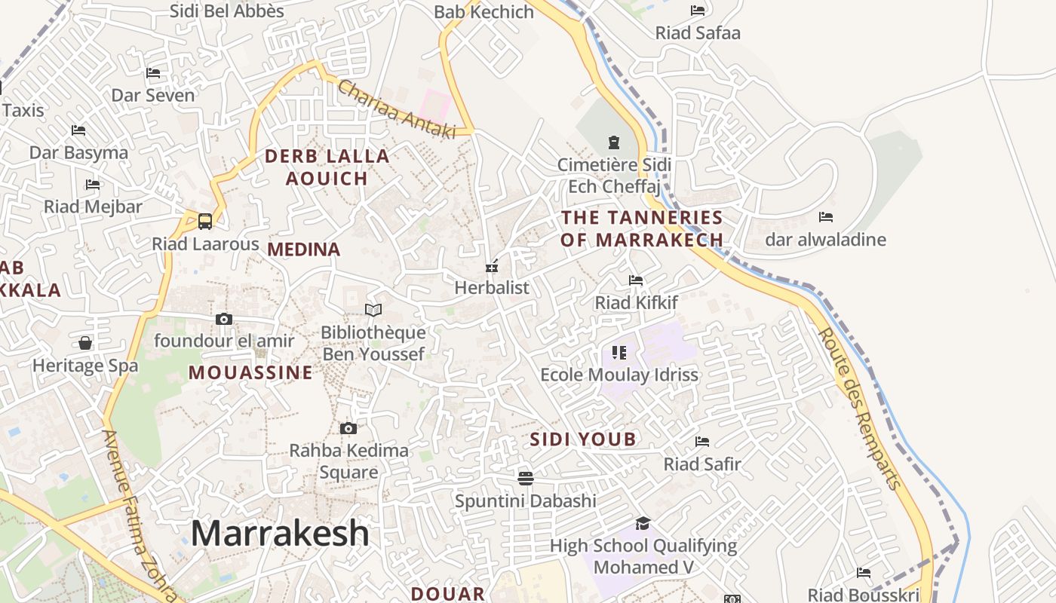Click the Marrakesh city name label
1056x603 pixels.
coord(280,534)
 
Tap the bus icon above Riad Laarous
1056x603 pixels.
coord(204,222)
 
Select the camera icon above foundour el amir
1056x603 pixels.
coord(224,319)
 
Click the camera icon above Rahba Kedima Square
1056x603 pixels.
coord(348,429)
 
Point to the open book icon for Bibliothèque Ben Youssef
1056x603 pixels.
coord(373,310)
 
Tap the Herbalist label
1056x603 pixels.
coord(492,287)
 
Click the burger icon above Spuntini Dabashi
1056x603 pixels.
coord(525,478)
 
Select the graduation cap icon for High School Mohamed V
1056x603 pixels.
coord(643,523)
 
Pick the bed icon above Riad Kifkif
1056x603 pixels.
coord(636,280)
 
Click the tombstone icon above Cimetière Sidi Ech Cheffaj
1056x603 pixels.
coord(613,142)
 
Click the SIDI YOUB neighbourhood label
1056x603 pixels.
coord(583,439)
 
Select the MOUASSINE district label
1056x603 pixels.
coord(250,372)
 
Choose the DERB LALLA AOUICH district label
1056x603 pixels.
coord(327,167)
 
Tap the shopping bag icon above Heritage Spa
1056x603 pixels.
coord(85,344)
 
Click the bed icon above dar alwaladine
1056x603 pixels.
coord(826,217)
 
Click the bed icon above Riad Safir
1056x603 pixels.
coord(702,441)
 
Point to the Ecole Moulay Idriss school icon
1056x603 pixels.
coord(619,352)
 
